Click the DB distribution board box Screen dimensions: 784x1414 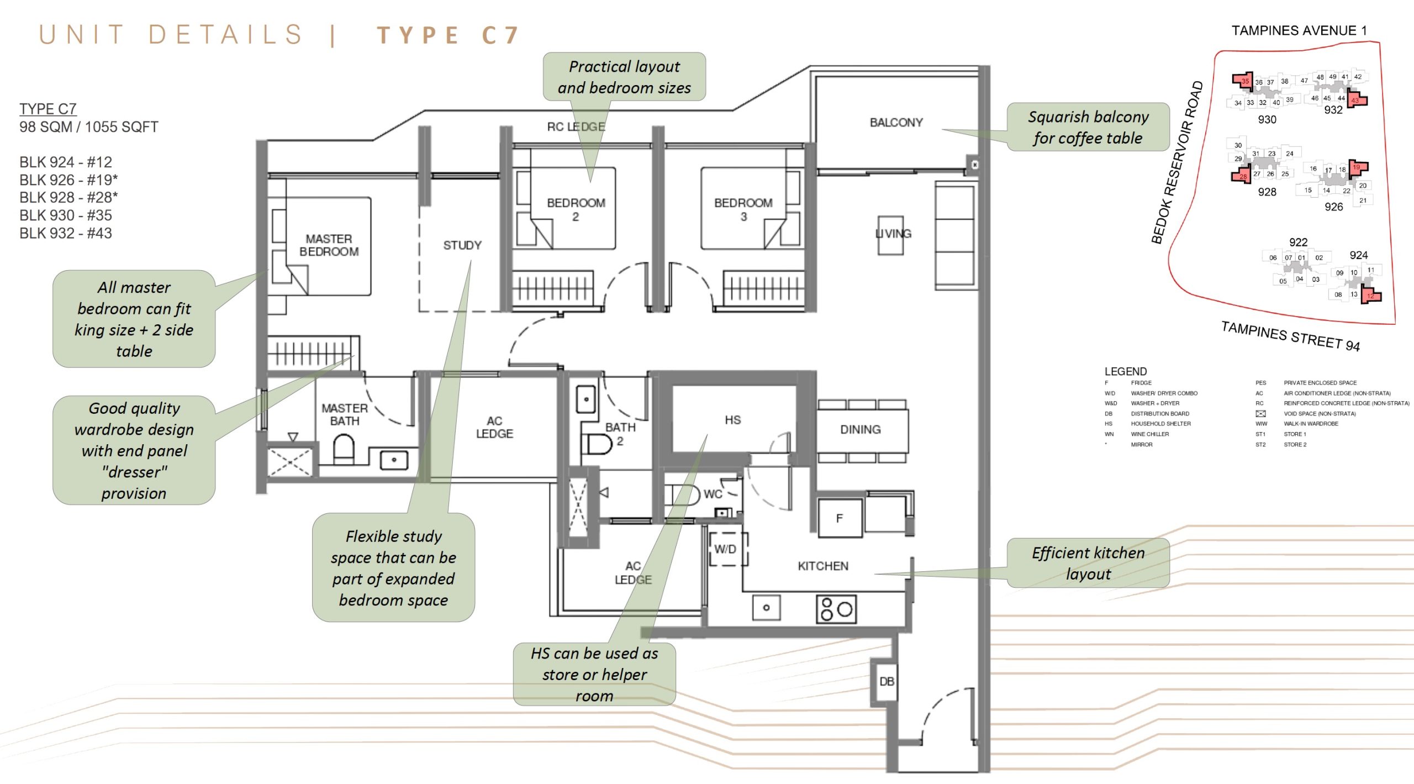[887, 682]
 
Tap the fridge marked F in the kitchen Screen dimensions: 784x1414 [840, 518]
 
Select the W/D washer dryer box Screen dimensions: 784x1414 [725, 549]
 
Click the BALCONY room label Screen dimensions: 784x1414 [896, 123]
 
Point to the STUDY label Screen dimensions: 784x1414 [462, 245]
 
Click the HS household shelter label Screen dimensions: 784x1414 [732, 420]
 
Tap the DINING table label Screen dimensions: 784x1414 [860, 430]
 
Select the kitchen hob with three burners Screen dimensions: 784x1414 [836, 609]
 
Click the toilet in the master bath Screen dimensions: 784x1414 [343, 449]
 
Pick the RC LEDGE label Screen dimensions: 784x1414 [576, 127]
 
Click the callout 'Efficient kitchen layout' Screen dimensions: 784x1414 [1088, 563]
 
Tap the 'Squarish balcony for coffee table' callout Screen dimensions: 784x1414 [1088, 127]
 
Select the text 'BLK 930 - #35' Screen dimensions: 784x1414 [66, 215]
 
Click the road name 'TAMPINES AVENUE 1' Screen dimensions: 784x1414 [1299, 31]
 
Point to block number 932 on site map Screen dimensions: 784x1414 [1333, 110]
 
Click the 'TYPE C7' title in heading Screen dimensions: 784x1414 [448, 35]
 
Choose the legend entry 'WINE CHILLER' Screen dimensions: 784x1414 [1149, 434]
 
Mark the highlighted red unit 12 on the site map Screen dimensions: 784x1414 [1370, 296]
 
